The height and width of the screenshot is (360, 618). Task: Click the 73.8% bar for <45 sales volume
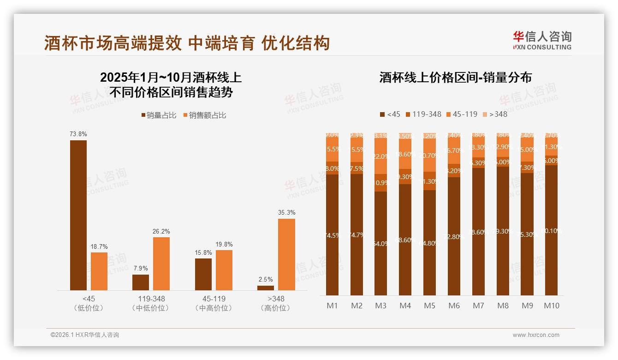pos(78,215)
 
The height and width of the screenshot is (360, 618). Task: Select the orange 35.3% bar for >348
pos(286,254)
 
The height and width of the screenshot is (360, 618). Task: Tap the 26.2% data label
pos(161,231)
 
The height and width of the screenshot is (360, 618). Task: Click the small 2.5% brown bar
pos(266,288)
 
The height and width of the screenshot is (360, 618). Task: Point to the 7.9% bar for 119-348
pos(141,282)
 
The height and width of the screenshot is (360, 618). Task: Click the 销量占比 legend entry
pos(159,115)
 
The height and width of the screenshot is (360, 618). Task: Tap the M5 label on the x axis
pos(429,306)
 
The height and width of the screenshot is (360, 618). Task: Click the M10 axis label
pos(551,306)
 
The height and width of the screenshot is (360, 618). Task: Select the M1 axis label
pos(332,306)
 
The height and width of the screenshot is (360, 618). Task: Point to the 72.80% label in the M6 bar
pos(454,236)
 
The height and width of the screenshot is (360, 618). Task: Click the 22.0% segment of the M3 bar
pos(380,157)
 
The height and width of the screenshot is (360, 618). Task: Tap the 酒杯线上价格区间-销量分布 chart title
pos(455,78)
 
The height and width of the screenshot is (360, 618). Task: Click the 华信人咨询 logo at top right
pos(542,40)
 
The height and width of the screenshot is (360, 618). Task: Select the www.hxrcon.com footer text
pos(535,335)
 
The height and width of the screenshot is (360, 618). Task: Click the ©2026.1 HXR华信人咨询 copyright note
pos(84,335)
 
